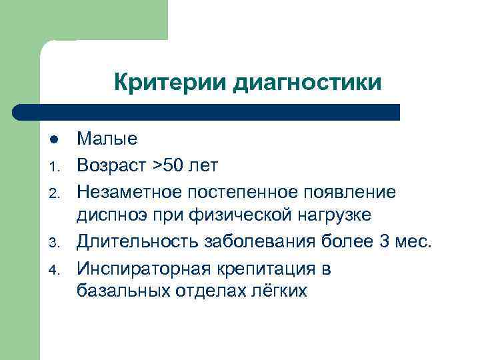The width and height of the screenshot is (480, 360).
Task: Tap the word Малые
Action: point(107,139)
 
